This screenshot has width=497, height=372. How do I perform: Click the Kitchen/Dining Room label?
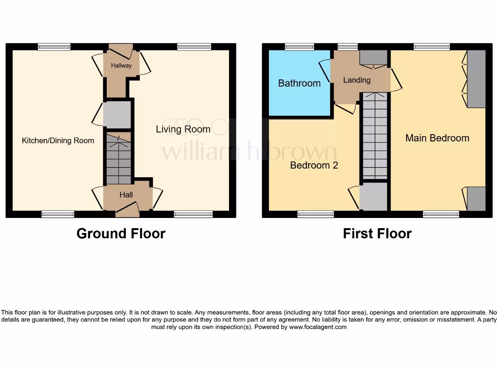(58, 140)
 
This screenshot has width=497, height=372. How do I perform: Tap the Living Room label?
(183, 129)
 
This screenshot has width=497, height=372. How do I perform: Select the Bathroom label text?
(299, 83)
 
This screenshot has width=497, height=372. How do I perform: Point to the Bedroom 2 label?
(314, 165)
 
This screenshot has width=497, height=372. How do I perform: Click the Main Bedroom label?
(437, 138)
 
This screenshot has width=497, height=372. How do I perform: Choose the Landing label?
(357, 80)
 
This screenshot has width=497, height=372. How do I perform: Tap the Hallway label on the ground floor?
(121, 65)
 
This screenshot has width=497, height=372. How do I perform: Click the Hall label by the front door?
(126, 195)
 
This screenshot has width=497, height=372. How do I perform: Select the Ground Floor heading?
(121, 233)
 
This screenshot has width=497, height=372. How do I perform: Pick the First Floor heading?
(377, 233)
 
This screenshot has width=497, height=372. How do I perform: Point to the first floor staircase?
(375, 138)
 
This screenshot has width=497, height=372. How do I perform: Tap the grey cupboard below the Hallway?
(117, 114)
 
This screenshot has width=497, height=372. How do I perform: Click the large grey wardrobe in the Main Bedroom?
(476, 78)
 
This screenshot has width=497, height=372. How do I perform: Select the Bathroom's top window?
(299, 47)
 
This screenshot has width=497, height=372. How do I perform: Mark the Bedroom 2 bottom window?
(315, 214)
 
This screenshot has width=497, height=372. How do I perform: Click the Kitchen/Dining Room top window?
(54, 47)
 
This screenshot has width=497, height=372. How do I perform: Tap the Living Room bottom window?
(193, 214)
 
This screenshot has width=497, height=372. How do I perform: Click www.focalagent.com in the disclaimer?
(318, 327)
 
